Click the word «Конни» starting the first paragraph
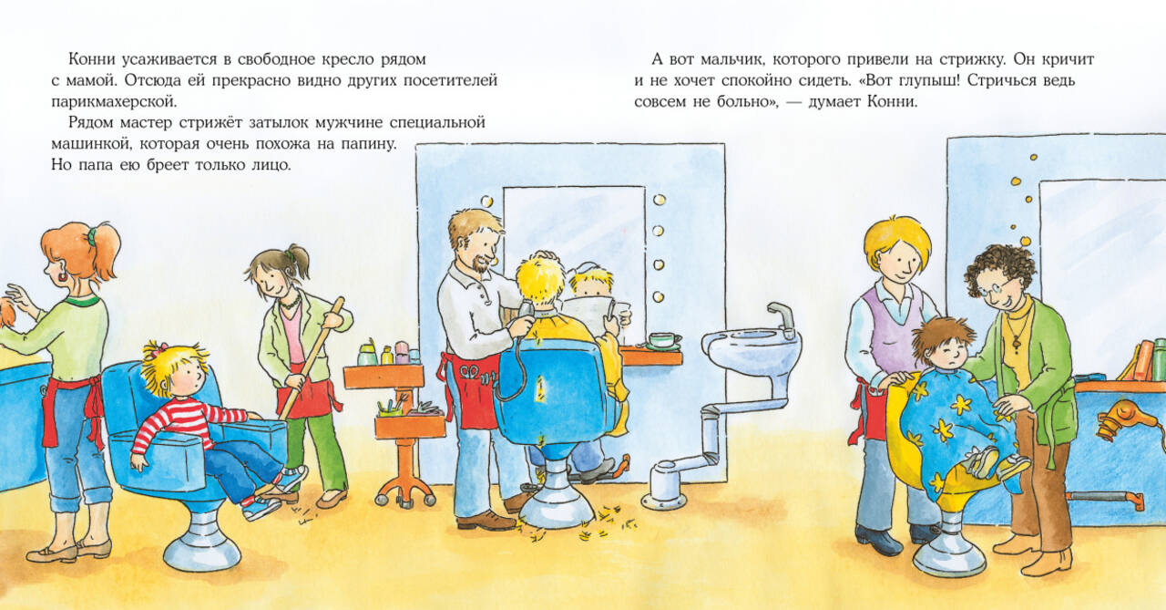click(x=93, y=59)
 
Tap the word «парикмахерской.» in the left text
click(x=115, y=102)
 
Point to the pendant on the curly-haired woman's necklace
click(x=1015, y=344)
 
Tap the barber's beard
click(x=479, y=264)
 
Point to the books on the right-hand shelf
click(x=1142, y=360)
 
